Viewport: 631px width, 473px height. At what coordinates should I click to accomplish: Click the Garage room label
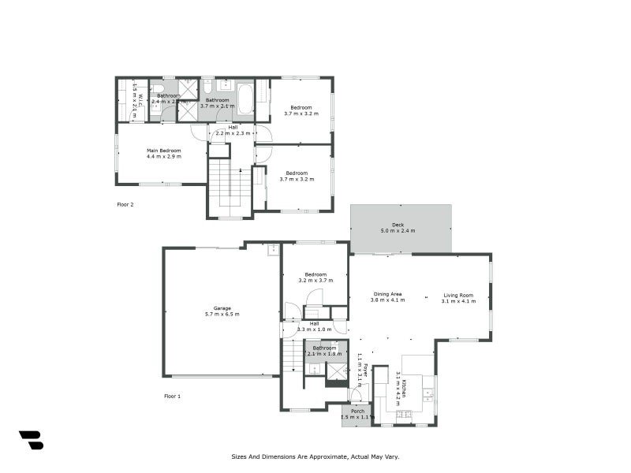coord(222,308)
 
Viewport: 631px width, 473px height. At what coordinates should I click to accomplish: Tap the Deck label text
coord(398,225)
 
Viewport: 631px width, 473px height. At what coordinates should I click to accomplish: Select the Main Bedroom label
coord(163,151)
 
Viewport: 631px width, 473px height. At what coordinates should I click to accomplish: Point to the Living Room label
coord(458,294)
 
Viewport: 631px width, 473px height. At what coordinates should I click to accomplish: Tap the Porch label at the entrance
coord(357,410)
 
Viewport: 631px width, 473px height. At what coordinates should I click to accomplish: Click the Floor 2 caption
coord(125,203)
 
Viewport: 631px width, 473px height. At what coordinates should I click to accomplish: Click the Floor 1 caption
coord(173,396)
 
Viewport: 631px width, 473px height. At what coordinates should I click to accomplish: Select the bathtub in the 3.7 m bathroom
coord(243,101)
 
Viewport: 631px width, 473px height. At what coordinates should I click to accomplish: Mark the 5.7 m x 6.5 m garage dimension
coord(222,315)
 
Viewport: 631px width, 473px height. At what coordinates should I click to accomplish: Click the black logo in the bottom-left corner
coord(31,440)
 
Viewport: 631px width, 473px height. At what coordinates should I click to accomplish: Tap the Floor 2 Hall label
coord(233,127)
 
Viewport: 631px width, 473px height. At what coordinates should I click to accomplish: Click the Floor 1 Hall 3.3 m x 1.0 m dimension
coord(314,329)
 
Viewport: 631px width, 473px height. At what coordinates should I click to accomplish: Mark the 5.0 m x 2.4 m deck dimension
coord(398,231)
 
